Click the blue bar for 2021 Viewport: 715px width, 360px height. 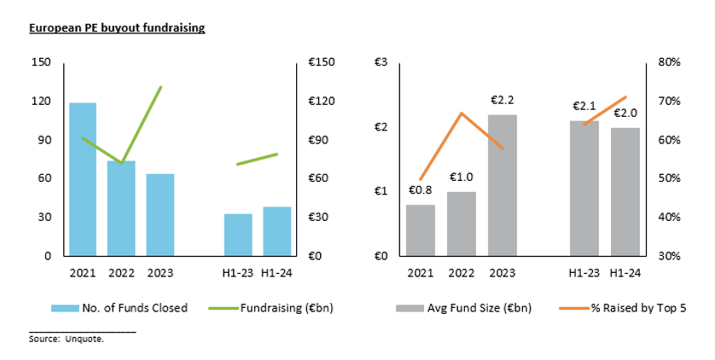click(83, 178)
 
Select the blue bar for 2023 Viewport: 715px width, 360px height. click(160, 214)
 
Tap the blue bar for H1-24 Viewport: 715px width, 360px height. click(277, 230)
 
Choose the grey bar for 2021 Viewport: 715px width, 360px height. click(421, 229)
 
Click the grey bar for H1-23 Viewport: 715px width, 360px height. click(584, 188)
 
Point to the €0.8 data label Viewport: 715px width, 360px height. click(421, 190)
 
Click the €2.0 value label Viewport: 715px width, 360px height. click(625, 113)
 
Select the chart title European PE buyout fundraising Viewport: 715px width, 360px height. click(117, 28)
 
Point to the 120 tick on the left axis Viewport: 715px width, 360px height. click(40, 102)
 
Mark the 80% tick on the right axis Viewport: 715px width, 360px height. click(668, 63)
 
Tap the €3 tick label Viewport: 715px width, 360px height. click(381, 63)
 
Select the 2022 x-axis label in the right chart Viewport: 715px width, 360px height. click(462, 273)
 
